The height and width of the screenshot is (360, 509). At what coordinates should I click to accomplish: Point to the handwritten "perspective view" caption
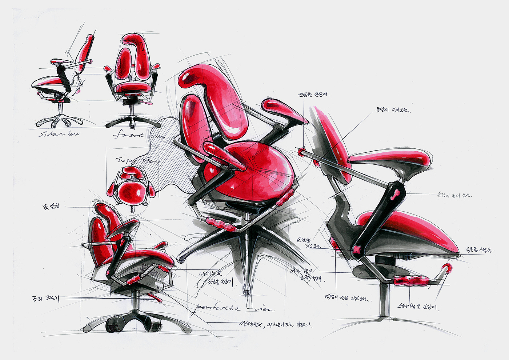pos(233,308)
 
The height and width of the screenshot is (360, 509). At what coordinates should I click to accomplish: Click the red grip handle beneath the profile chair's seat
pos(411,280)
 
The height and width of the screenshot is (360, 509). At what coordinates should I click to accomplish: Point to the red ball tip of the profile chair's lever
pos(447,268)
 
